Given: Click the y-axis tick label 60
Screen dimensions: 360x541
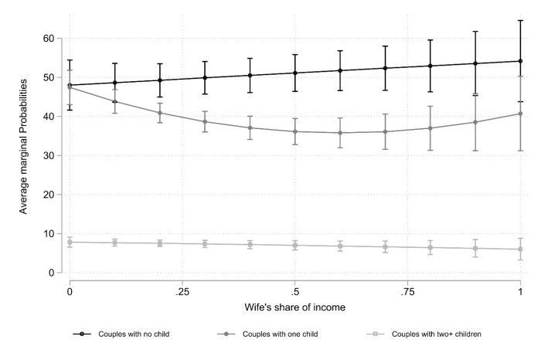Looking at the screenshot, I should [47, 39].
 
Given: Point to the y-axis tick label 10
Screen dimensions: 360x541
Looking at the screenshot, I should [47, 233].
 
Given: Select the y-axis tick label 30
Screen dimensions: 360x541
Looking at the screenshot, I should [47, 155].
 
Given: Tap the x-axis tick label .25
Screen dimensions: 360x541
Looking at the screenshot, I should [182, 291].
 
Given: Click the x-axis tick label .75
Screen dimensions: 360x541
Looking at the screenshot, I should [407, 291].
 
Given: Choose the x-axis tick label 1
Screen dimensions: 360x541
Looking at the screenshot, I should [520, 291].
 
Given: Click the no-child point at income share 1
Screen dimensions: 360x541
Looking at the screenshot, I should [520, 61].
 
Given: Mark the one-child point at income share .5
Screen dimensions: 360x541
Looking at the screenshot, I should [294, 131].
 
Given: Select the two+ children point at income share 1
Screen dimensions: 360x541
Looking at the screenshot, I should [520, 249].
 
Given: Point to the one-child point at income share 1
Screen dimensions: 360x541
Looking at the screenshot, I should [520, 114].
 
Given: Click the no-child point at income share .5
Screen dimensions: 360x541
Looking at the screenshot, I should [294, 73].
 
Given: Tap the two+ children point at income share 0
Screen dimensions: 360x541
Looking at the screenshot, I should [70, 242].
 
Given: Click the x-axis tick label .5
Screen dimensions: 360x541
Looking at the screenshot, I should [294, 291].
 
